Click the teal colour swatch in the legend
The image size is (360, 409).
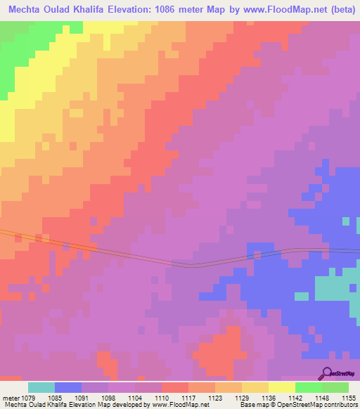click(41, 387)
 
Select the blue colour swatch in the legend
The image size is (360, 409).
click(68, 387)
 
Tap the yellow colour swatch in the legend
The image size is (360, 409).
click(281, 387)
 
